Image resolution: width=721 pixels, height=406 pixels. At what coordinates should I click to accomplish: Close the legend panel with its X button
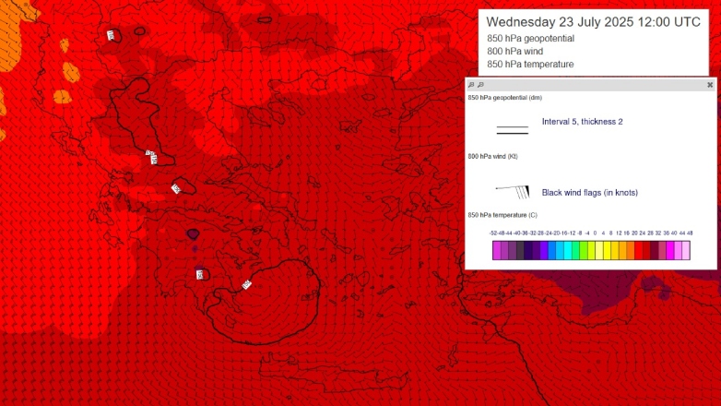pos(710,84)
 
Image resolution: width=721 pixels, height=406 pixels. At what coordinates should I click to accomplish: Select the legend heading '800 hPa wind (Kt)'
pos(493,156)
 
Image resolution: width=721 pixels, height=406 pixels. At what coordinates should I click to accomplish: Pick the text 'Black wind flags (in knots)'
pos(590,192)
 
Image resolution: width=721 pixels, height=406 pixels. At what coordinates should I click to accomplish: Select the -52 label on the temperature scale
pos(495,233)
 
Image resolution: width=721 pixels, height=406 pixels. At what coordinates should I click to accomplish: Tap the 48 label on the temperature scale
pos(690,233)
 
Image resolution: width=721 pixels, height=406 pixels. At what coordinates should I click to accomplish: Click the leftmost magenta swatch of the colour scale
pos(496,250)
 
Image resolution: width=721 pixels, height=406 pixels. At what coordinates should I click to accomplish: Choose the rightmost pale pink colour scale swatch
pos(686,250)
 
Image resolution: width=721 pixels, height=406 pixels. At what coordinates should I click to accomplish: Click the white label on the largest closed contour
pos(246,284)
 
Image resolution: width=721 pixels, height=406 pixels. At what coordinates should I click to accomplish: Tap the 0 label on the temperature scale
pos(595,233)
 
